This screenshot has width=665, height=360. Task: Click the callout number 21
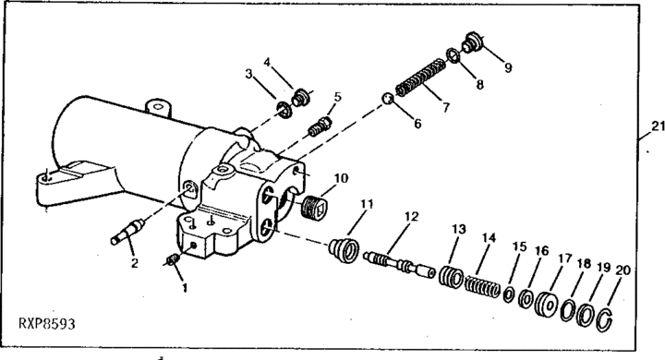click(659, 126)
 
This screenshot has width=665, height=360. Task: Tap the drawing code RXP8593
click(47, 324)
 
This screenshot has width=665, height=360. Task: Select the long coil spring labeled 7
click(420, 78)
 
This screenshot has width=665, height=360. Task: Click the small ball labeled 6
click(388, 99)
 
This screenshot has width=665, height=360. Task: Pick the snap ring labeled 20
click(604, 319)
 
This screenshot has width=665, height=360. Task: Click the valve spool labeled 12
click(400, 264)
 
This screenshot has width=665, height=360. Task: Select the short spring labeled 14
click(483, 286)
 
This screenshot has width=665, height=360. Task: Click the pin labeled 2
click(127, 231)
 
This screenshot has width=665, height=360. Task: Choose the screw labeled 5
click(320, 126)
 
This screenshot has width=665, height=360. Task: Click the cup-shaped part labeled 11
click(345, 251)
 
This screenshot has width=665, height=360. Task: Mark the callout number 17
click(564, 258)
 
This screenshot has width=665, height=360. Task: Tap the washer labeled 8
click(453, 56)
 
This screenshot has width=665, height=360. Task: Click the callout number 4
click(267, 63)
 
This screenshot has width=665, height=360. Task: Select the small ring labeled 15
click(509, 294)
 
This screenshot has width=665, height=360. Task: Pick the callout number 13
click(458, 230)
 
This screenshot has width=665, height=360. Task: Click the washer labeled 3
click(284, 110)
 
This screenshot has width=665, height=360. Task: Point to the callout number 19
click(603, 268)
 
